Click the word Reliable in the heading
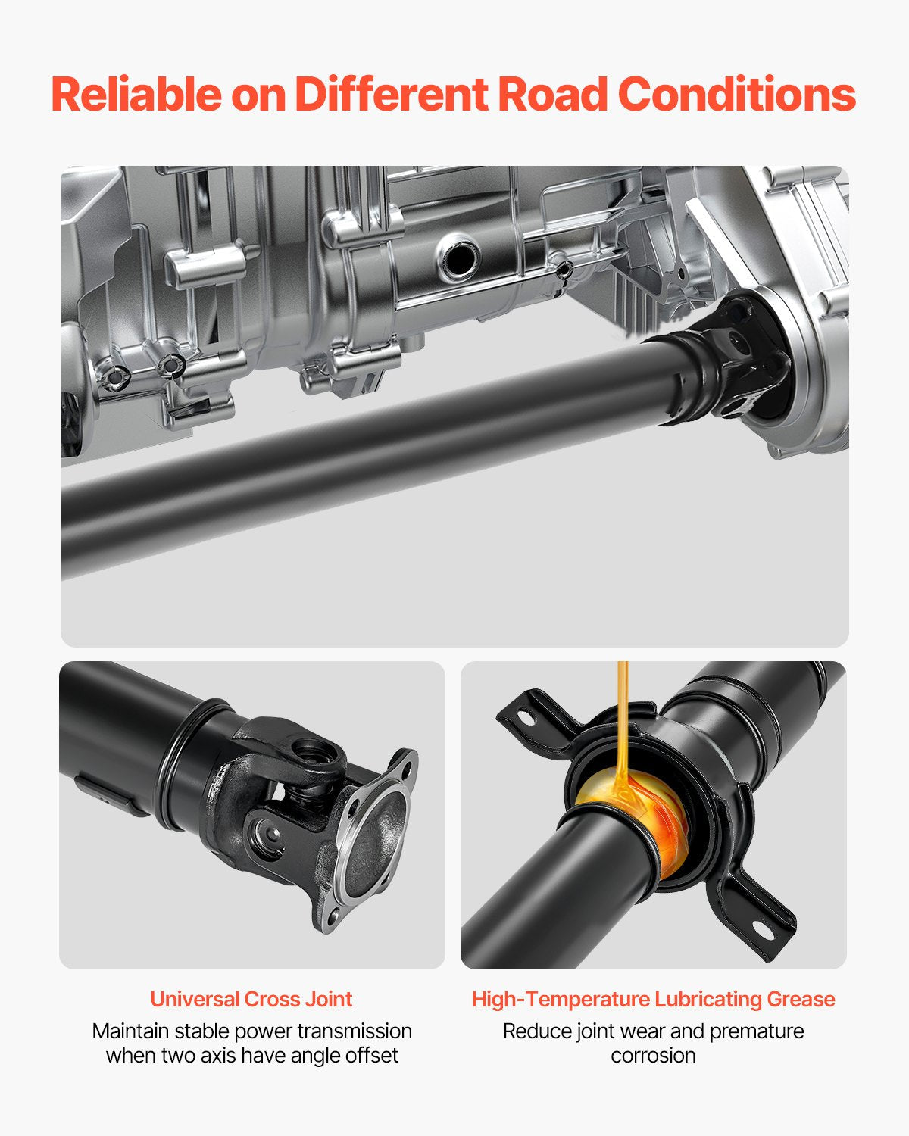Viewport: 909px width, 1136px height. (137, 95)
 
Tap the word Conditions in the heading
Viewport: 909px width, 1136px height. (736, 95)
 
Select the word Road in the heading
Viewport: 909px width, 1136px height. (552, 95)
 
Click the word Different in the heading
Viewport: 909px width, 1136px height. (392, 95)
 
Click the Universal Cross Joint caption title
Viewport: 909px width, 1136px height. (251, 999)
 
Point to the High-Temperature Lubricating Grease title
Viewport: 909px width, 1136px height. (654, 999)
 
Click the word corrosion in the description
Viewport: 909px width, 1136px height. (654, 1056)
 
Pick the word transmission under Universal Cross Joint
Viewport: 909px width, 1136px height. (361, 1031)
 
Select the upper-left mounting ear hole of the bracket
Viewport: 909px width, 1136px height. (526, 718)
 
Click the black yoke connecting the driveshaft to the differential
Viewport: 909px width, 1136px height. (739, 359)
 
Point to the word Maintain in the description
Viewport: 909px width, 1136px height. (130, 1031)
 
